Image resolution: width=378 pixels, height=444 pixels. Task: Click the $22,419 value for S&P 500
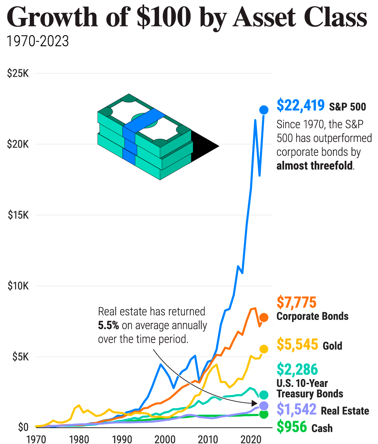click(301, 105)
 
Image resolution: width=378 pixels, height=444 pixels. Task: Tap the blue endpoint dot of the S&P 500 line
click(264, 110)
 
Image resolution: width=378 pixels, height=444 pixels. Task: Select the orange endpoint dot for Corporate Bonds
click(264, 317)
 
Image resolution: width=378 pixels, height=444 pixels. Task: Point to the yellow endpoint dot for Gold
click(264, 349)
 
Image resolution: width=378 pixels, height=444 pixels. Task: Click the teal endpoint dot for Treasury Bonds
click(264, 395)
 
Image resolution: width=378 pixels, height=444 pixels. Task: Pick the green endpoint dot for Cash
click(264, 414)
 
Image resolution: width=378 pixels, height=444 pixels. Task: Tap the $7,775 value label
click(296, 302)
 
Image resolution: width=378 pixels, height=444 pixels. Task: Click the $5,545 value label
click(297, 344)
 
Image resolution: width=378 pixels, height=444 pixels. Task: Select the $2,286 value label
click(297, 369)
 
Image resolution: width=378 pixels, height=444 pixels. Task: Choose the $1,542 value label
click(296, 410)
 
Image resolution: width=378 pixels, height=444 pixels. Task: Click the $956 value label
click(292, 427)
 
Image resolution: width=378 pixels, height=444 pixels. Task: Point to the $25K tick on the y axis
click(18, 73)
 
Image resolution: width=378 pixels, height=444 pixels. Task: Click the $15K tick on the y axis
click(18, 215)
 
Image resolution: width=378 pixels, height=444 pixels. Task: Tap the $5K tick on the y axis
click(20, 357)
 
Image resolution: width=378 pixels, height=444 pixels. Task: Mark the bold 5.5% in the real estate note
click(108, 325)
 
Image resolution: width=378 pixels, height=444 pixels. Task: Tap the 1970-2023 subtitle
click(38, 42)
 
